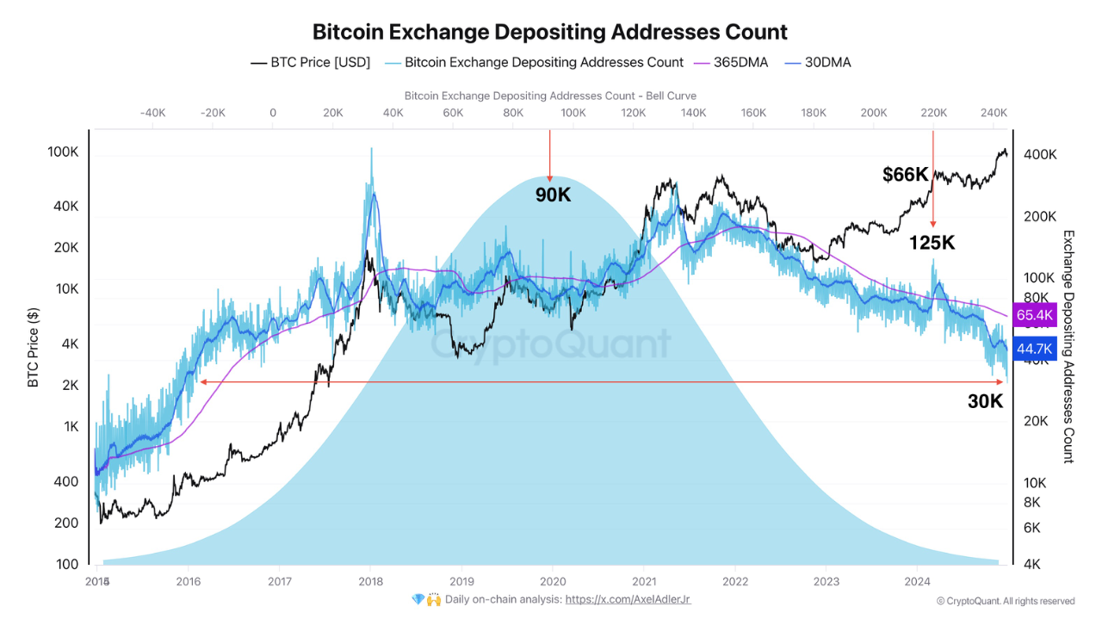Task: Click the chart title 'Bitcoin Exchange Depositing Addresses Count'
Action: pyautogui.click(x=549, y=33)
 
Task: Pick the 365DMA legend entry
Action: pyautogui.click(x=731, y=62)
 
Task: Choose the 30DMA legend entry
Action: pyautogui.click(x=817, y=62)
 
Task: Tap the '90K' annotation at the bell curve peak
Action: pyautogui.click(x=553, y=195)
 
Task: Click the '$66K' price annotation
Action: pyautogui.click(x=905, y=175)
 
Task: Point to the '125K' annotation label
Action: pyautogui.click(x=932, y=243)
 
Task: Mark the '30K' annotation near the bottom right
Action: pyautogui.click(x=985, y=401)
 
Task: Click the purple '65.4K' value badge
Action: pyautogui.click(x=1035, y=315)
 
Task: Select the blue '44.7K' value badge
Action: pyautogui.click(x=1035, y=349)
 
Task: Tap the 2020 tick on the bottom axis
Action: pyautogui.click(x=553, y=581)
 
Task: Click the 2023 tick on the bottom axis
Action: pyautogui.click(x=826, y=581)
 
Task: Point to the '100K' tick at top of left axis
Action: pyautogui.click(x=63, y=152)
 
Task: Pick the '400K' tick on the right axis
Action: pyautogui.click(x=1039, y=154)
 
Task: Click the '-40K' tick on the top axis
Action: pyautogui.click(x=152, y=112)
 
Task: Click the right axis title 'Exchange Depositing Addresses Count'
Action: pyautogui.click(x=1068, y=346)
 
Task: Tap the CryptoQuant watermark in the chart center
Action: pyautogui.click(x=550, y=344)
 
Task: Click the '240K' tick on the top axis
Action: pyautogui.click(x=994, y=112)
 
